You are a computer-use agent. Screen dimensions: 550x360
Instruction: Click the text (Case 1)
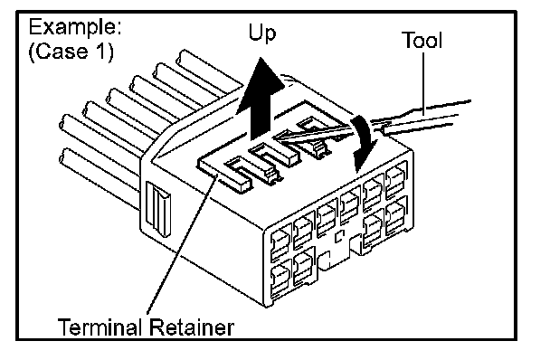tap(71, 52)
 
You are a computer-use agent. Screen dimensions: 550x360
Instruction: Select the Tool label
tap(422, 41)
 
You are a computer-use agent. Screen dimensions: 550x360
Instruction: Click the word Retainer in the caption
tap(192, 327)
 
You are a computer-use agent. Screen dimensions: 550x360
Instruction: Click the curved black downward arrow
tap(364, 143)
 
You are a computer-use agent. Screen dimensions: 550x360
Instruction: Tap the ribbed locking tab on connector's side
tap(158, 208)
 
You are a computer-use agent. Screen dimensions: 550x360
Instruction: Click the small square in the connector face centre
tap(339, 237)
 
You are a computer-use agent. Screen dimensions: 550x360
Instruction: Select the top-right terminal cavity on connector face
tap(396, 182)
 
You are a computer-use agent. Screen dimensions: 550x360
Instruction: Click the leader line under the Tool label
tap(423, 83)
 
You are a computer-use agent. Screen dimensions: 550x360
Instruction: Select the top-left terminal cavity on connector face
tap(280, 242)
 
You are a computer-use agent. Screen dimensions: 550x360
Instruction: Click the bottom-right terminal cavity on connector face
tap(396, 219)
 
